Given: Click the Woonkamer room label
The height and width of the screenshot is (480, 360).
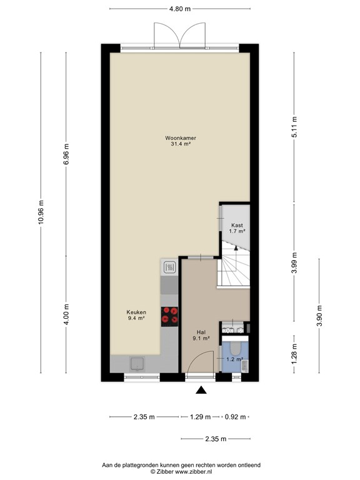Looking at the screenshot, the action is (x=181, y=138).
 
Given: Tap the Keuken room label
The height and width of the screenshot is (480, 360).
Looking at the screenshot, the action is (x=136, y=312).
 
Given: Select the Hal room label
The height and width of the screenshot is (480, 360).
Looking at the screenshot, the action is (x=201, y=332).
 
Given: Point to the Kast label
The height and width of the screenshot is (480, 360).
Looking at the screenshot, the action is (x=237, y=226).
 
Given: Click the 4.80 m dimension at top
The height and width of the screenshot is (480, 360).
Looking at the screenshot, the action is (x=180, y=9).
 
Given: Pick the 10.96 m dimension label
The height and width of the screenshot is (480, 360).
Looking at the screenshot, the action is (x=41, y=212).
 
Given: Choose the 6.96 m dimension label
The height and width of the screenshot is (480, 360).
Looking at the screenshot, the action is (x=66, y=154).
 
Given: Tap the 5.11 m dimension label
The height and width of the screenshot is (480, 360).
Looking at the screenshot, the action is (x=294, y=127).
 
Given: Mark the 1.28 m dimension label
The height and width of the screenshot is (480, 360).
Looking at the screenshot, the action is (x=294, y=354).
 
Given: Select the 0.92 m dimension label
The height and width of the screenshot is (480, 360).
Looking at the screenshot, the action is (x=236, y=417).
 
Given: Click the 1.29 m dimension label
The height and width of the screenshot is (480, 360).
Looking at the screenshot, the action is (x=200, y=417).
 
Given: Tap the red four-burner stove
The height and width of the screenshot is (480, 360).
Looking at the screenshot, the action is (x=169, y=316).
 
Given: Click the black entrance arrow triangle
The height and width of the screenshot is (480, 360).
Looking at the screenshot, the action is (x=201, y=390).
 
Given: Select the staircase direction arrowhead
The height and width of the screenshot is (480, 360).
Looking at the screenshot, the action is (x=236, y=248).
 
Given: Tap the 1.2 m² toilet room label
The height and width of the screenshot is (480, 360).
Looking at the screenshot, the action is (x=235, y=359).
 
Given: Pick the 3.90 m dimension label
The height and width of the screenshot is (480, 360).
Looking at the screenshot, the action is (x=319, y=316).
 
